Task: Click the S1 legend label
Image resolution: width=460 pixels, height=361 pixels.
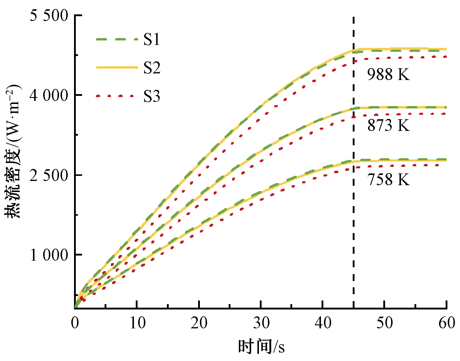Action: tap(152, 40)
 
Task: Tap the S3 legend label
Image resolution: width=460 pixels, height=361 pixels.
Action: tap(152, 96)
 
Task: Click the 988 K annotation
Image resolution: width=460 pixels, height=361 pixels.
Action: tap(388, 74)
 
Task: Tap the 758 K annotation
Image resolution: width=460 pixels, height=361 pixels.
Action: tap(388, 180)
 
